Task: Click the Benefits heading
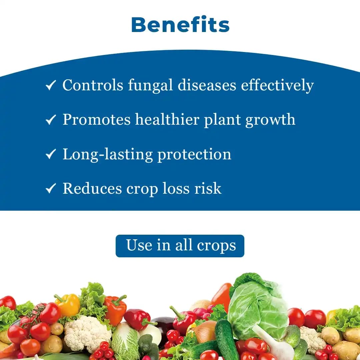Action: coord(180,25)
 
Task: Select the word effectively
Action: coord(277,85)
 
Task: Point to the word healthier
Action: coord(167,120)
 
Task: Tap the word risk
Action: coord(208,189)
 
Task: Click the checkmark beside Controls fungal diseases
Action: coord(50,86)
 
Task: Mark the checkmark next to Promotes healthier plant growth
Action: coord(50,120)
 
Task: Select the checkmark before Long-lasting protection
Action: coord(50,155)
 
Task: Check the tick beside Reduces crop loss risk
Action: coord(50,189)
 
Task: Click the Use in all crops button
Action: coord(180,246)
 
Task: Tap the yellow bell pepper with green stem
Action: coord(69,304)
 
